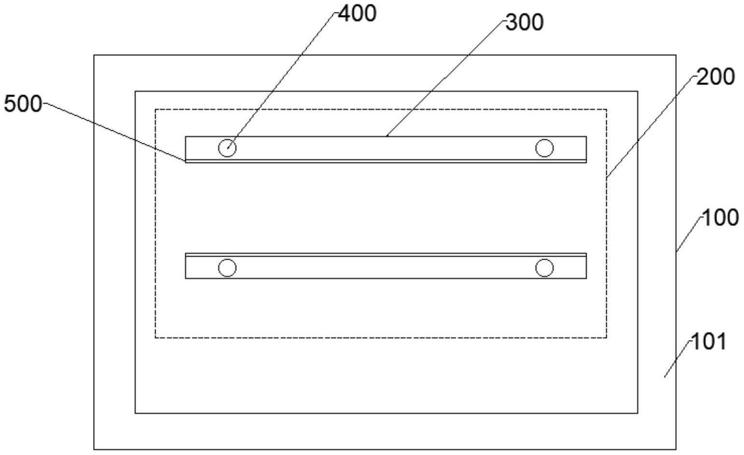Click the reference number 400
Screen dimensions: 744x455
tap(357, 14)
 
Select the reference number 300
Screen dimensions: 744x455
tap(524, 22)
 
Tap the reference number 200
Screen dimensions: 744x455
tap(715, 77)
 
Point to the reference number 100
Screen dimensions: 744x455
tap(720, 218)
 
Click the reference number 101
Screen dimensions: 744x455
tap(709, 342)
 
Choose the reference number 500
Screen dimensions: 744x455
tap(23, 103)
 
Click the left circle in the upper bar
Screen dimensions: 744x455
tap(227, 148)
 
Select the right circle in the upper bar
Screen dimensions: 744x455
tap(544, 148)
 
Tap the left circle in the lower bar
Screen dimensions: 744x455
tap(227, 267)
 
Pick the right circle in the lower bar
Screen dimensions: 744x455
tap(544, 267)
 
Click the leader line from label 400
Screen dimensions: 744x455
tap(280, 80)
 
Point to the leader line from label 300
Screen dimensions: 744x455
tap(444, 80)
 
